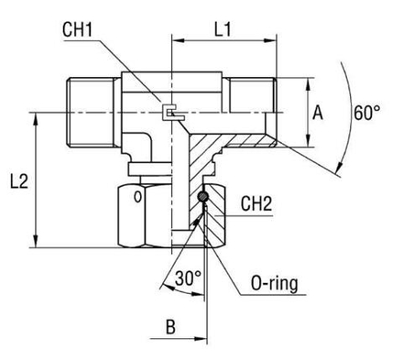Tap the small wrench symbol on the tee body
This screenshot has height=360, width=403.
pos(168,113)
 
